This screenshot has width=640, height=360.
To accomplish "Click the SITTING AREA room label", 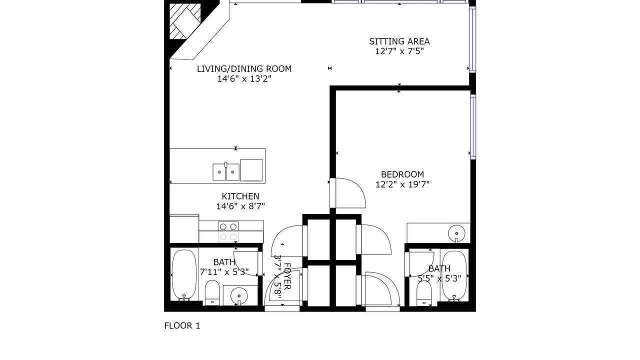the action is pyautogui.click(x=399, y=41).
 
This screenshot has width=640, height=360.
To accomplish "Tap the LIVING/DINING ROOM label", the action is pyautogui.click(x=244, y=69).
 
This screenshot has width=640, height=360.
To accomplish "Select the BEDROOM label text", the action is pyautogui.click(x=402, y=174).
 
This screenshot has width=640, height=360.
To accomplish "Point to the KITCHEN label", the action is pyautogui.click(x=240, y=196).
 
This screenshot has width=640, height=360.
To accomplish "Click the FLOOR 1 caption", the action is pyautogui.click(x=182, y=325).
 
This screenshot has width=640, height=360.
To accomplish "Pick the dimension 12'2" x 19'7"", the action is pyautogui.click(x=402, y=184).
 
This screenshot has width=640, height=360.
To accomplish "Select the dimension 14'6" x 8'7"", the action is pyautogui.click(x=240, y=206).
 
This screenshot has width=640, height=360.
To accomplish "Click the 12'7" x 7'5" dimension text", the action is pyautogui.click(x=399, y=51).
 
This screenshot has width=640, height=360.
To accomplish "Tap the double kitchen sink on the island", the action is pyautogui.click(x=226, y=171).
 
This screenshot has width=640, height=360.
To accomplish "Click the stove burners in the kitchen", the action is pyautogui.click(x=228, y=231).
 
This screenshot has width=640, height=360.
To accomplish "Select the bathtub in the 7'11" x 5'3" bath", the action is pyautogui.click(x=184, y=275).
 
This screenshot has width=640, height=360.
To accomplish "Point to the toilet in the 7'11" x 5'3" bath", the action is pyautogui.click(x=212, y=292).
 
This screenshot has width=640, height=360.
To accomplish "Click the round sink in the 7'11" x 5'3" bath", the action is pyautogui.click(x=239, y=295).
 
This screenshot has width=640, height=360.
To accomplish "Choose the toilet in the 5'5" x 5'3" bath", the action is pyautogui.click(x=423, y=294).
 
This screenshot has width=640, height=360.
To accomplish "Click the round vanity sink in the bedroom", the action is pyautogui.click(x=456, y=233).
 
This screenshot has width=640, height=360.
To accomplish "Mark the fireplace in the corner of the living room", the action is pyautogui.click(x=185, y=21).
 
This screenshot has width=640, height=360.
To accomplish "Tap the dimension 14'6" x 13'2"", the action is pyautogui.click(x=244, y=79).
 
